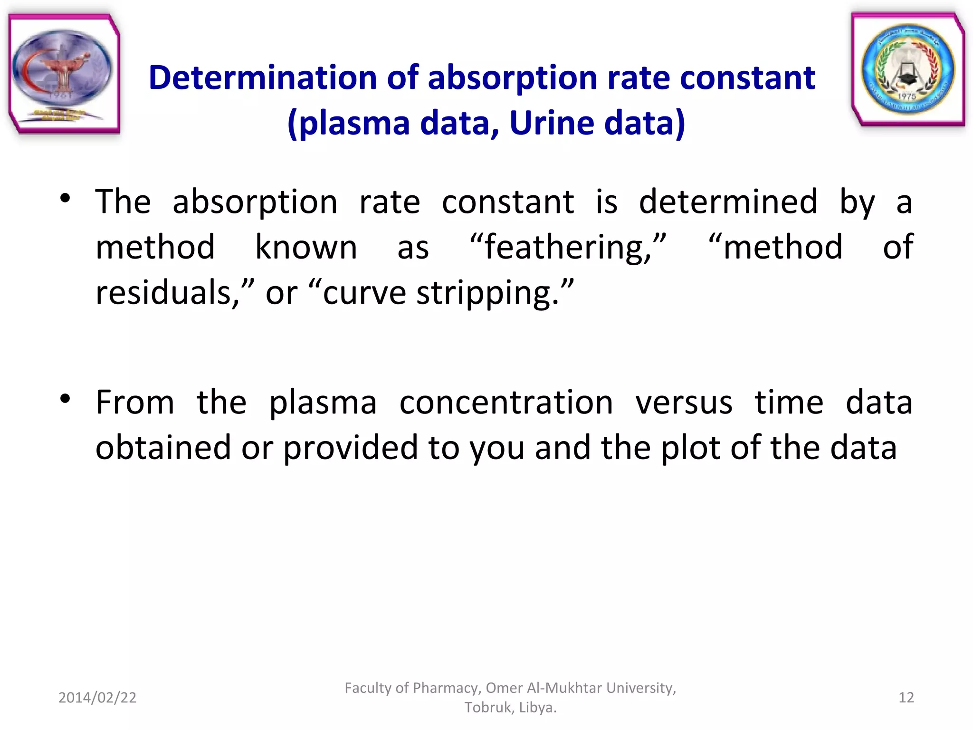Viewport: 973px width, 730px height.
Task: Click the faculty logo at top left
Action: pos(64,74)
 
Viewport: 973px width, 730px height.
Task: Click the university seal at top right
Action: pos(907,69)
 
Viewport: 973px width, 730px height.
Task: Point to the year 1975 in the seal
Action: pos(906,96)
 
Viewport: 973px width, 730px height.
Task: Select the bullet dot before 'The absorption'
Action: pos(66,199)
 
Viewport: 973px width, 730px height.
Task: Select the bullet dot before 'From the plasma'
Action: pos(66,399)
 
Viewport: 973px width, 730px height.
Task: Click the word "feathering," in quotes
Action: pos(568,247)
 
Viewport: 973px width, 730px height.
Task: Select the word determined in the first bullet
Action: pos(728,202)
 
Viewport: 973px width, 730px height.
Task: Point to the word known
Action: pos(306,247)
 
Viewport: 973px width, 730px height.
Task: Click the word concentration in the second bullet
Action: pos(506,403)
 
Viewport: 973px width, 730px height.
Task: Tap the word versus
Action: pos(684,403)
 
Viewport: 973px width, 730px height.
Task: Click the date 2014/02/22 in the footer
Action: pos(97,697)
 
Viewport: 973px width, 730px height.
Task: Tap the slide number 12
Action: pos(906,697)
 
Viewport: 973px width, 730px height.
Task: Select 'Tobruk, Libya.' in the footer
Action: pos(510,708)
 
